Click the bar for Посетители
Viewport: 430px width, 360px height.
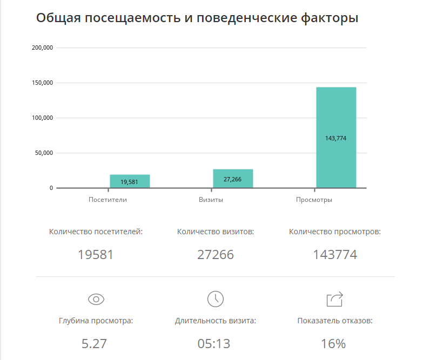(x=130, y=181)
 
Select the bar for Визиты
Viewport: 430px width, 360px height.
(x=233, y=179)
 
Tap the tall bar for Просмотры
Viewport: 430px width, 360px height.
(x=336, y=138)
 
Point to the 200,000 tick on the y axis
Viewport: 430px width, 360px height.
(x=42, y=48)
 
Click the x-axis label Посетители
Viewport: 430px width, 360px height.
(x=107, y=200)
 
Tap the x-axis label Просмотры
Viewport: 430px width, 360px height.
(x=314, y=200)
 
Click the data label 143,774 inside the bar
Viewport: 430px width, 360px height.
(x=336, y=138)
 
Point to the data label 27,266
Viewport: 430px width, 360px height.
(x=233, y=179)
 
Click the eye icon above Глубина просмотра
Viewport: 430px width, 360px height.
(x=96, y=299)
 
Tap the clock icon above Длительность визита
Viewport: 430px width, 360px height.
(x=215, y=299)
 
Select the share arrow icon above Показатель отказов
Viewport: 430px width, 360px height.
(x=335, y=299)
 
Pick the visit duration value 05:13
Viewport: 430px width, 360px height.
(x=215, y=343)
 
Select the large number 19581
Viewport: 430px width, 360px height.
(x=96, y=255)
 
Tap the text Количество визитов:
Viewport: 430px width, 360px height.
(x=216, y=232)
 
